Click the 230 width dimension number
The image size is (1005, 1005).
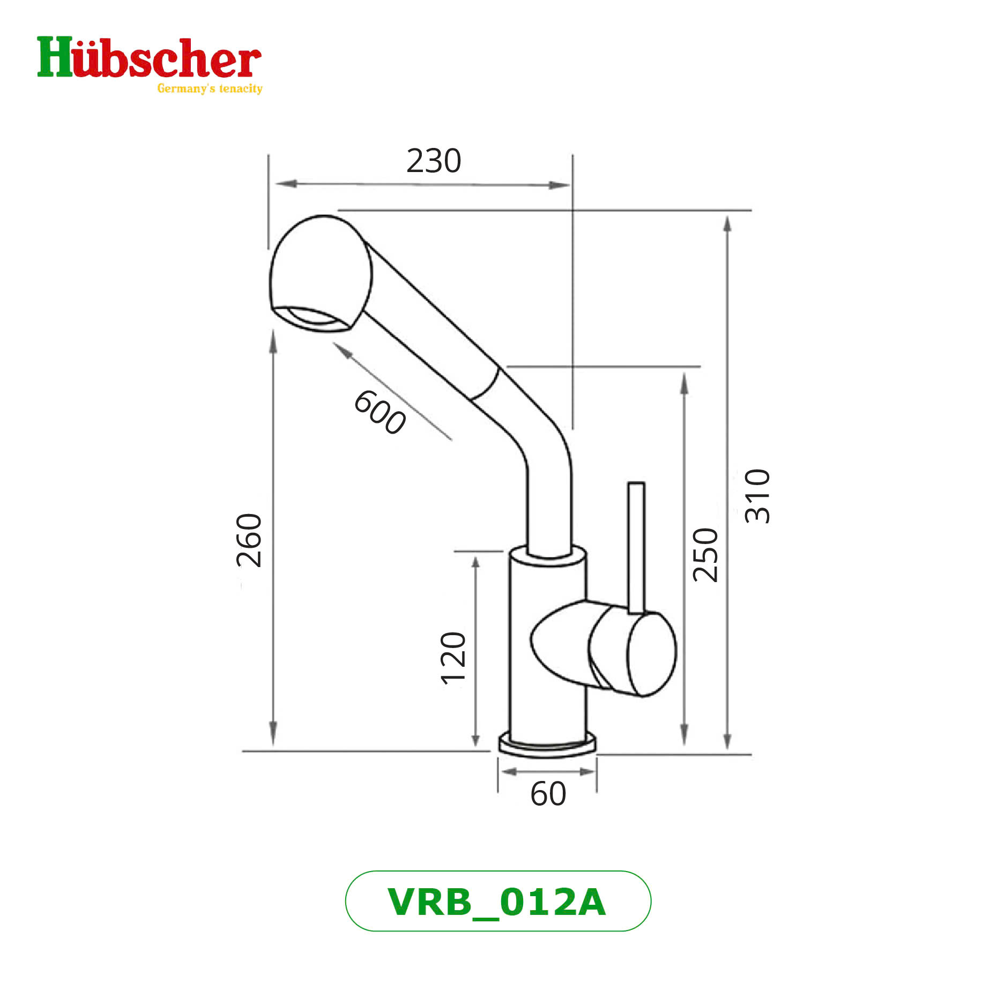pos(433,161)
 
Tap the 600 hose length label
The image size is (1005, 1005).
pos(379,412)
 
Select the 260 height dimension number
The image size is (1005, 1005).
pos(249,540)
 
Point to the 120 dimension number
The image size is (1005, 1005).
pos(453,658)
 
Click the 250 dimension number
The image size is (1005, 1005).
pos(705,555)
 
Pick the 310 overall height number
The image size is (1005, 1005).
pos(757,496)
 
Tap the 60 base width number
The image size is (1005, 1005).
pos(548,794)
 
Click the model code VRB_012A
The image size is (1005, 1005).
pos(497,902)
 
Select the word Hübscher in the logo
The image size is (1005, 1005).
pos(149,58)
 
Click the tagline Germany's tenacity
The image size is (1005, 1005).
pos(210,88)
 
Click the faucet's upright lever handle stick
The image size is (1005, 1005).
pos(636,547)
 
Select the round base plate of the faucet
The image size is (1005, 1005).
pos(547,747)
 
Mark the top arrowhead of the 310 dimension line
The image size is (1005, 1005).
pos(727,223)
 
